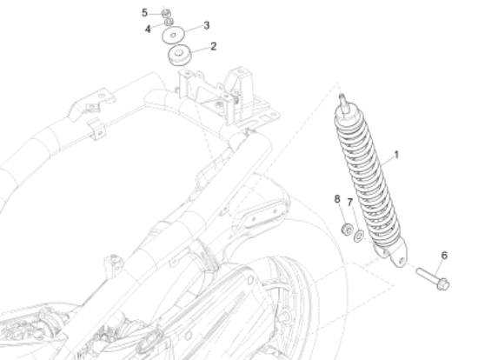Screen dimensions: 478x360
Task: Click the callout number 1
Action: pyautogui.click(x=396, y=155)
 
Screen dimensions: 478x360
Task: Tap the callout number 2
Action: pyautogui.click(x=214, y=46)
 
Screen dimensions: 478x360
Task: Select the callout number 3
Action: pyautogui.click(x=206, y=25)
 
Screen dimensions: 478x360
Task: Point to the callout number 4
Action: pyautogui.click(x=148, y=30)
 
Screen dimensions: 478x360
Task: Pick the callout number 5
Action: pyautogui.click(x=144, y=13)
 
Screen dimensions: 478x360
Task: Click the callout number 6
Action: pyautogui.click(x=444, y=256)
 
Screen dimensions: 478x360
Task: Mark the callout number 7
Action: pyautogui.click(x=350, y=202)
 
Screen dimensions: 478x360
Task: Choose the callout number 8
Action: pyautogui.click(x=337, y=199)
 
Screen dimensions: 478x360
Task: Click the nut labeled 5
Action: pyautogui.click(x=166, y=13)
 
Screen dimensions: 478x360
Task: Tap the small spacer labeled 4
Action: pyautogui.click(x=169, y=22)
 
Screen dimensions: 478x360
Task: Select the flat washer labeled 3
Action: pyautogui.click(x=173, y=35)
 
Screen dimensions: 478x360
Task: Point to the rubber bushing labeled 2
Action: pyautogui.click(x=179, y=56)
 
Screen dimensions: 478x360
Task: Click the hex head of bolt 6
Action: pyautogui.click(x=442, y=284)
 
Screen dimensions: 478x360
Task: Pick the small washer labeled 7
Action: pyautogui.click(x=358, y=237)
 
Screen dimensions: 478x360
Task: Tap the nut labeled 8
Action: pyautogui.click(x=347, y=229)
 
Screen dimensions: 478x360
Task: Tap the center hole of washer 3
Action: pyautogui.click(x=173, y=36)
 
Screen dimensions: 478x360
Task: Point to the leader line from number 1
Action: pyautogui.click(x=388, y=161)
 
